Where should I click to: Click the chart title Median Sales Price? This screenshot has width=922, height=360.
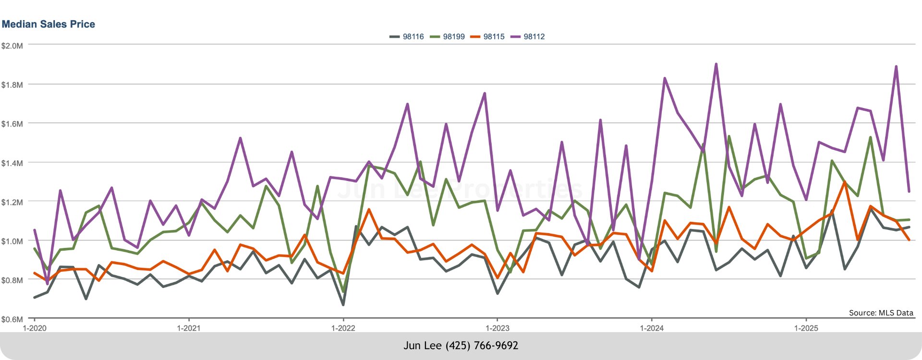pyautogui.click(x=49, y=24)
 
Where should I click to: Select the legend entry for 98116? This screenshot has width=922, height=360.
pyautogui.click(x=407, y=36)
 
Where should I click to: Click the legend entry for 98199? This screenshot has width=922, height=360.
pyautogui.click(x=448, y=36)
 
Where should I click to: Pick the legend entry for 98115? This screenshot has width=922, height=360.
pyautogui.click(x=488, y=36)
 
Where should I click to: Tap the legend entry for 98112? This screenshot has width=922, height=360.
pyautogui.click(x=528, y=36)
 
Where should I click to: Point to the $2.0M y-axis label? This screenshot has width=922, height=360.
pyautogui.click(x=12, y=46)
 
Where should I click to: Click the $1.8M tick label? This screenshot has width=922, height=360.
pyautogui.click(x=12, y=85)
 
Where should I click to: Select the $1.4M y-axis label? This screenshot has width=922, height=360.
pyautogui.click(x=12, y=163)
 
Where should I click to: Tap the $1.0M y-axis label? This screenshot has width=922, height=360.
pyautogui.click(x=12, y=241)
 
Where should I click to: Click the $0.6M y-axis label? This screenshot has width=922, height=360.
pyautogui.click(x=12, y=319)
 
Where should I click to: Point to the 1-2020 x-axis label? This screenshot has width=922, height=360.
pyautogui.click(x=35, y=328)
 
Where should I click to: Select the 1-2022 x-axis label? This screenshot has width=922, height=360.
pyautogui.click(x=343, y=328)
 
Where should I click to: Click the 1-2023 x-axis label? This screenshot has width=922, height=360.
pyautogui.click(x=497, y=328)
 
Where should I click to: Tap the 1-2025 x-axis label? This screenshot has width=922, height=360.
pyautogui.click(x=806, y=328)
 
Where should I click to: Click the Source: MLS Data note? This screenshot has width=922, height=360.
pyautogui.click(x=881, y=313)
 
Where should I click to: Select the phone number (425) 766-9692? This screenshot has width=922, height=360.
pyautogui.click(x=482, y=346)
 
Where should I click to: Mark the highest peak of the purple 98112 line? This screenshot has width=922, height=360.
pyautogui.click(x=716, y=64)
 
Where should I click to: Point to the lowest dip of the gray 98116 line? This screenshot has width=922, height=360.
pyautogui.click(x=343, y=305)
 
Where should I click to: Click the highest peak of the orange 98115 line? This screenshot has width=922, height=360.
pyautogui.click(x=845, y=182)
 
